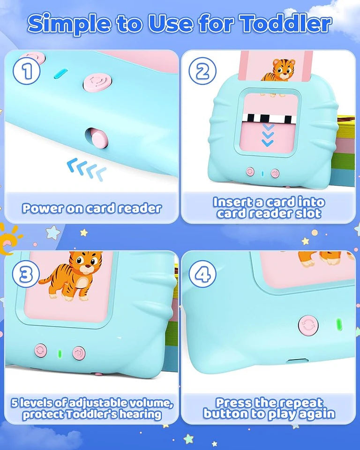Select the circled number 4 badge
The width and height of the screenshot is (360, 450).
[202, 275]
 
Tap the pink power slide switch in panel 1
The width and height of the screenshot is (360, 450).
[97, 138]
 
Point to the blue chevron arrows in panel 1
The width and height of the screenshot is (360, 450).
[86, 168]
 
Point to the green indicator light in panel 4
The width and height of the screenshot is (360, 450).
[339, 325]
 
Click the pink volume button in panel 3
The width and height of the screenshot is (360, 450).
[79, 352]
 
